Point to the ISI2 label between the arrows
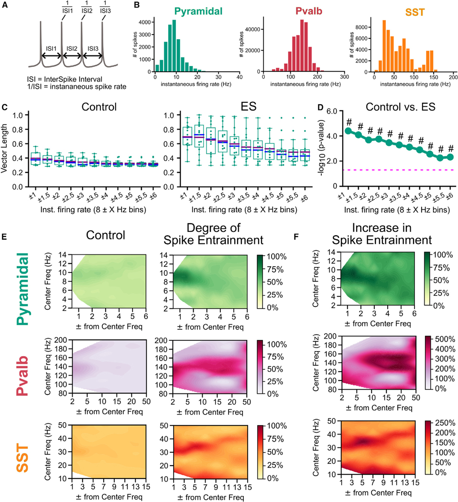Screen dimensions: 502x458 pyautogui.click(x=72, y=48)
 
